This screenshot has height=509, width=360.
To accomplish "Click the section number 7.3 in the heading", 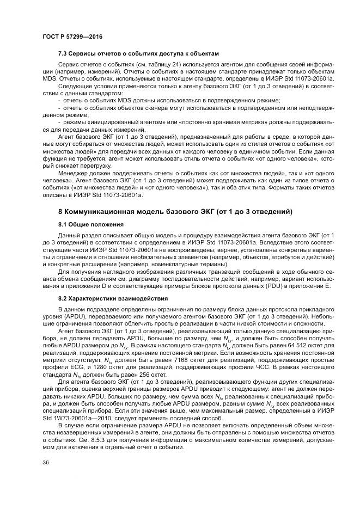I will point(63,54).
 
